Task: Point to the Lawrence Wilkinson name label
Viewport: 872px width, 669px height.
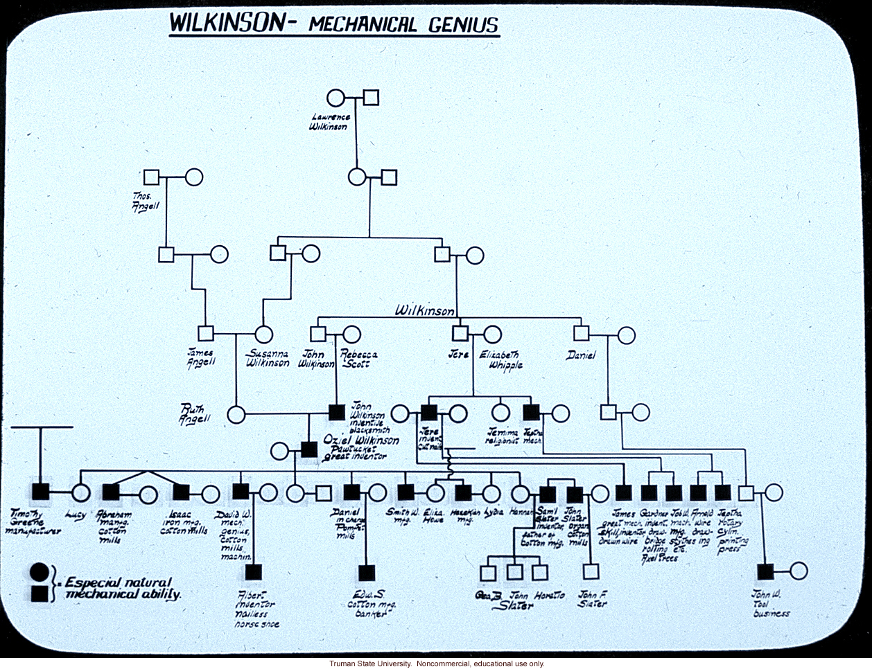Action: (330, 122)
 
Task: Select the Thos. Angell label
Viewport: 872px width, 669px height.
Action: (146, 201)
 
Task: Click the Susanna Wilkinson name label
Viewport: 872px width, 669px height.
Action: (268, 358)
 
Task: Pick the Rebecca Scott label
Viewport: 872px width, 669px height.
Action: (358, 359)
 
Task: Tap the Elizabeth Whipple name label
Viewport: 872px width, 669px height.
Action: (500, 359)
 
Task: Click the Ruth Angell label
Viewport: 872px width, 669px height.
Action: (193, 413)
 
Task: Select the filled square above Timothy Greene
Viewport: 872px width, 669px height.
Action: (40, 492)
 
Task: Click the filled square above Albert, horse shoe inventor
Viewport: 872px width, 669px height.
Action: (253, 573)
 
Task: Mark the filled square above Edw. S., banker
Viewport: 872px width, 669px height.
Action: (367, 573)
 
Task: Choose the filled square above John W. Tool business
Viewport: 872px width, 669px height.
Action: (765, 571)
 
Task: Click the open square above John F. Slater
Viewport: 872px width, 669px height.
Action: (591, 572)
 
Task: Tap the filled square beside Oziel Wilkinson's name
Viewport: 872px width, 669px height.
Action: (310, 450)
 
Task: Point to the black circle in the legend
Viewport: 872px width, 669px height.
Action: (40, 573)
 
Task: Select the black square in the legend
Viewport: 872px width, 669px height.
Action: (40, 593)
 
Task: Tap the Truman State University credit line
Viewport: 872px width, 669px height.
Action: (436, 663)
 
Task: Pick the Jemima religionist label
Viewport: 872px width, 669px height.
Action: (503, 436)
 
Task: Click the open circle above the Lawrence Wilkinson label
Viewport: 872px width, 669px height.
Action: (336, 98)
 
